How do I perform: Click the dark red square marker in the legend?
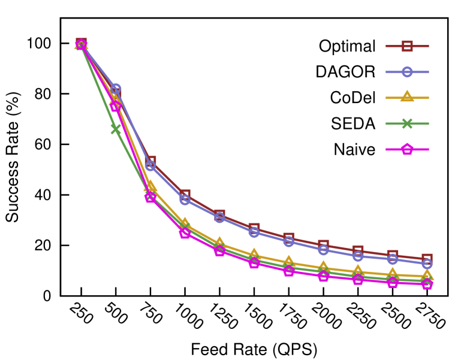407,46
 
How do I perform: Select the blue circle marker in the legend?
407,72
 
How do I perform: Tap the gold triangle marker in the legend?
407,97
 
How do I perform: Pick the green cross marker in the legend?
407,123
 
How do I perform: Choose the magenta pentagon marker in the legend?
407,149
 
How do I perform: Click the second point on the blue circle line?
116,89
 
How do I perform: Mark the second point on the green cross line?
116,129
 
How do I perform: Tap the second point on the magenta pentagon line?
116,106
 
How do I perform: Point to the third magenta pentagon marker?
150,196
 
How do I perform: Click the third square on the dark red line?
150,161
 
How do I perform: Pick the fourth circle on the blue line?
185,199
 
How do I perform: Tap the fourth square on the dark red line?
185,195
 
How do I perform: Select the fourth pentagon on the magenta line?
185,232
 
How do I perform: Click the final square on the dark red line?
427,259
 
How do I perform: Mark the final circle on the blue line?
427,264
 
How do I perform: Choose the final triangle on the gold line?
427,276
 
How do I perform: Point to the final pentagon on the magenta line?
427,283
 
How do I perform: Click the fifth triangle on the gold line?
220,243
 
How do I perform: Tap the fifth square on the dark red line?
220,214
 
